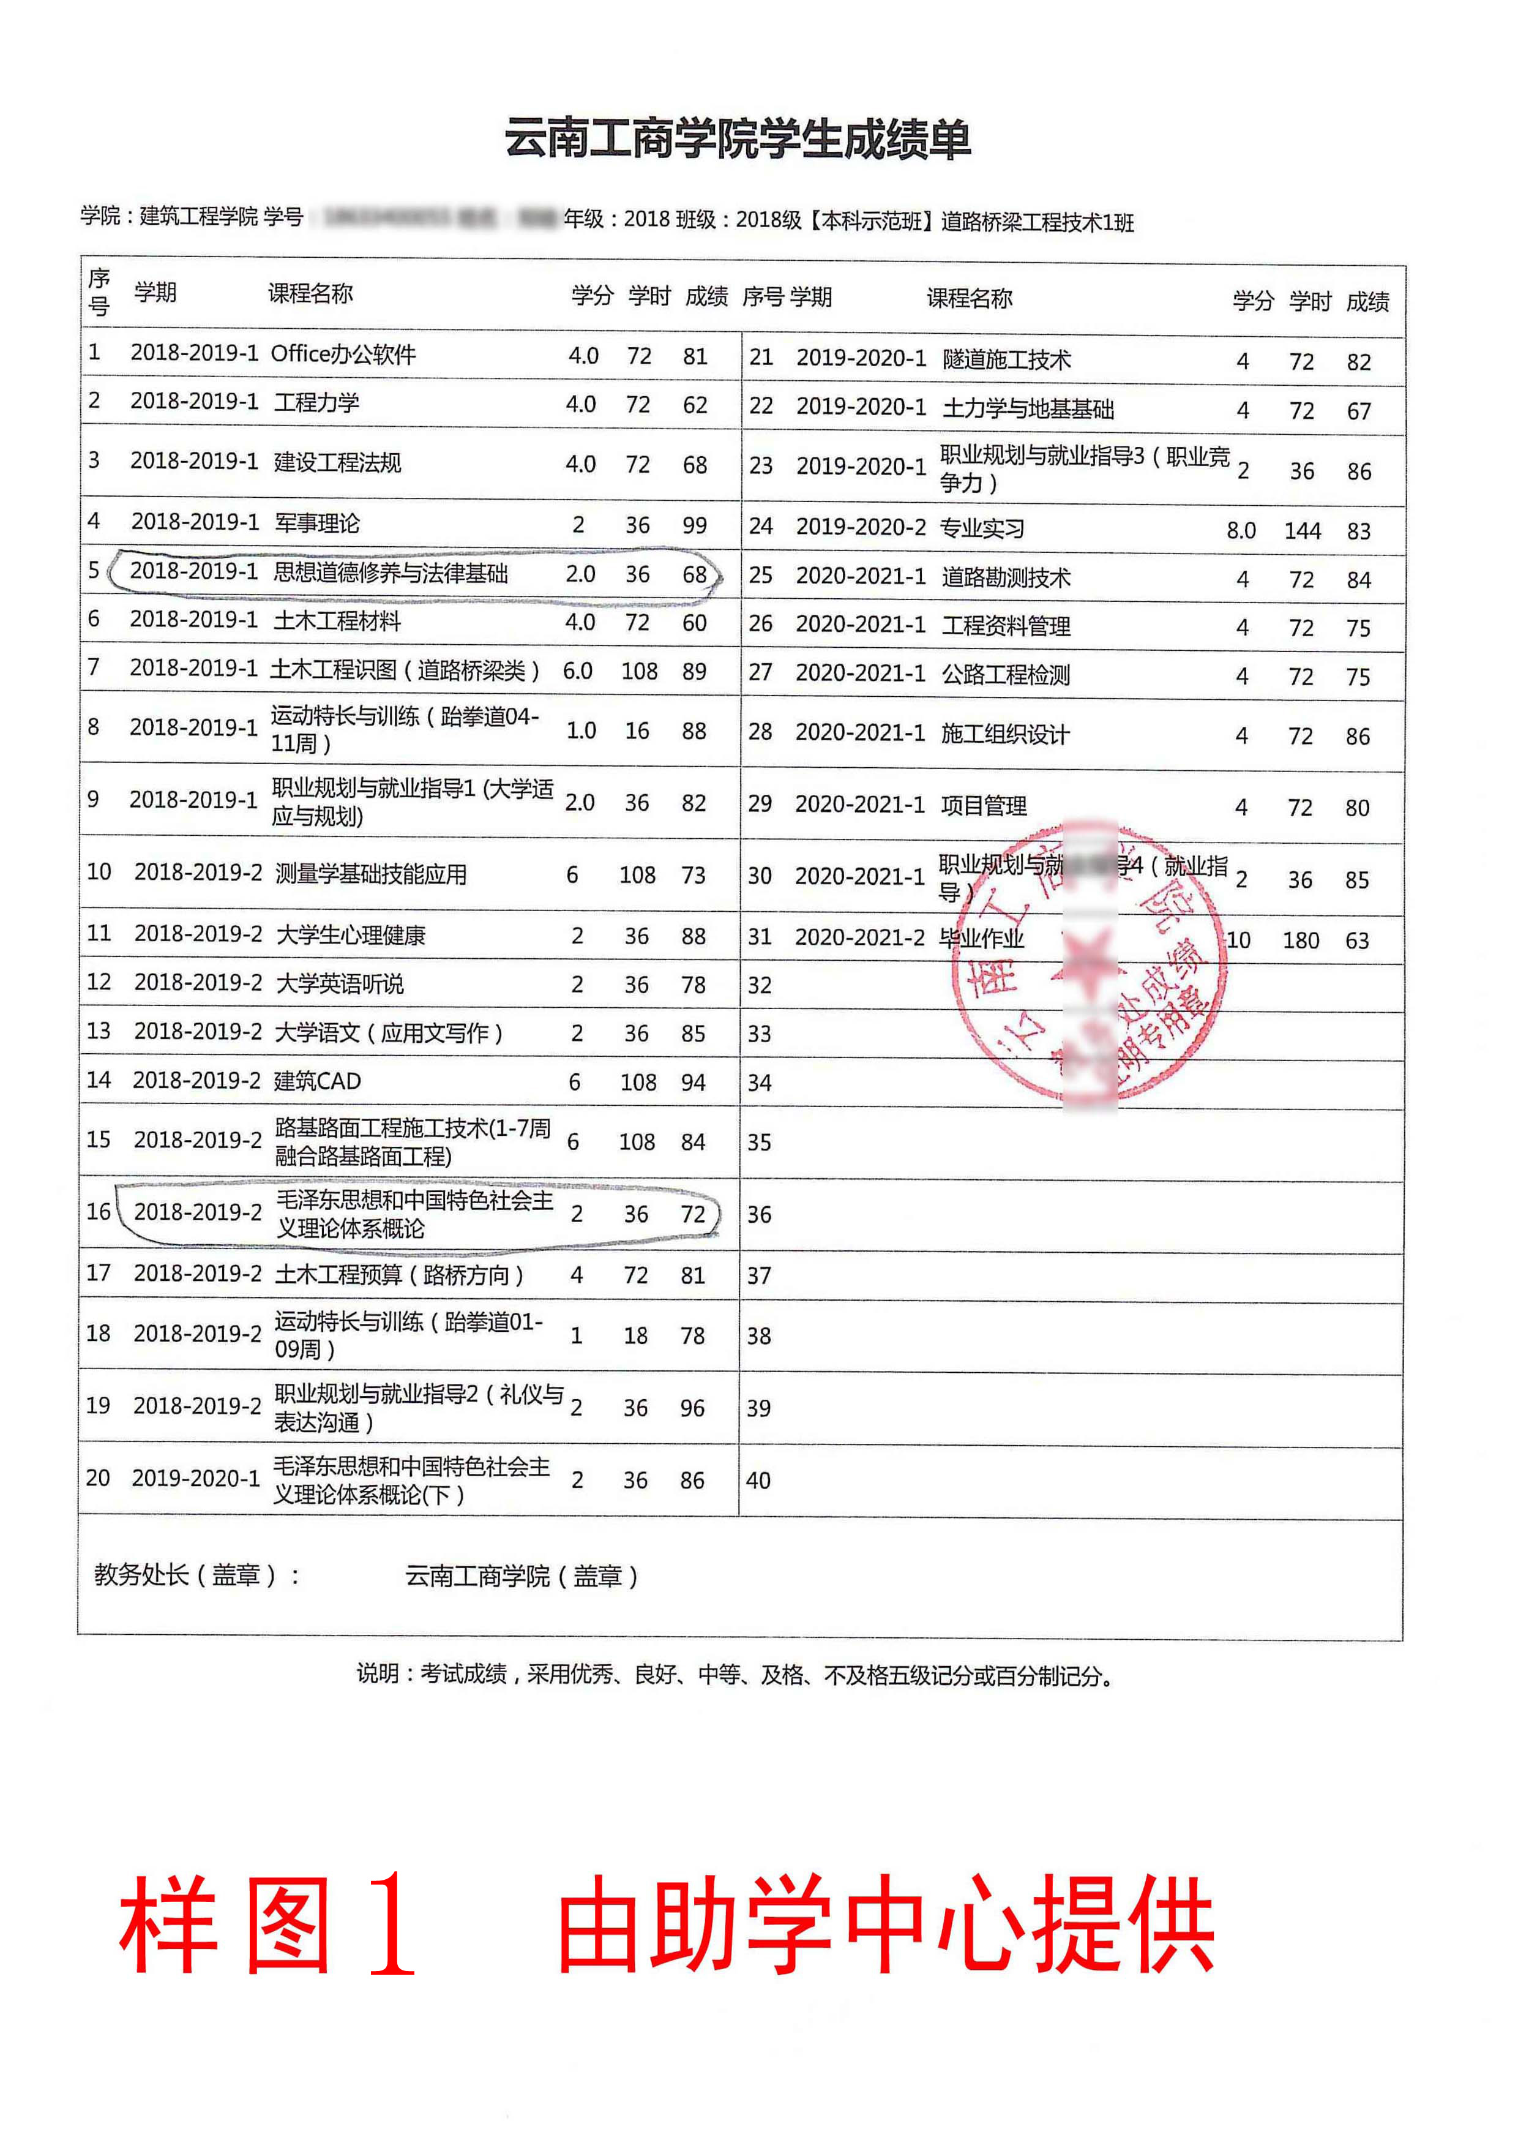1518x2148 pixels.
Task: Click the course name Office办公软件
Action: click(343, 355)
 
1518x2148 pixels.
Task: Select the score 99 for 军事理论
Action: click(694, 525)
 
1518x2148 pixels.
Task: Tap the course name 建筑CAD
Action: click(317, 1081)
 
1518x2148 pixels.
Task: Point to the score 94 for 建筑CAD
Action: click(693, 1083)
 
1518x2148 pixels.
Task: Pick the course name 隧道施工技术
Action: click(1006, 360)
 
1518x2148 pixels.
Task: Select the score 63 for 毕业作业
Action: click(1357, 941)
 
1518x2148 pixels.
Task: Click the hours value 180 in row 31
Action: click(1300, 941)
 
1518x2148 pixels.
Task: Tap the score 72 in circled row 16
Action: click(692, 1214)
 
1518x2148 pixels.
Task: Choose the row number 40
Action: click(758, 1480)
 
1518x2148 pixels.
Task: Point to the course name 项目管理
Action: click(984, 806)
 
